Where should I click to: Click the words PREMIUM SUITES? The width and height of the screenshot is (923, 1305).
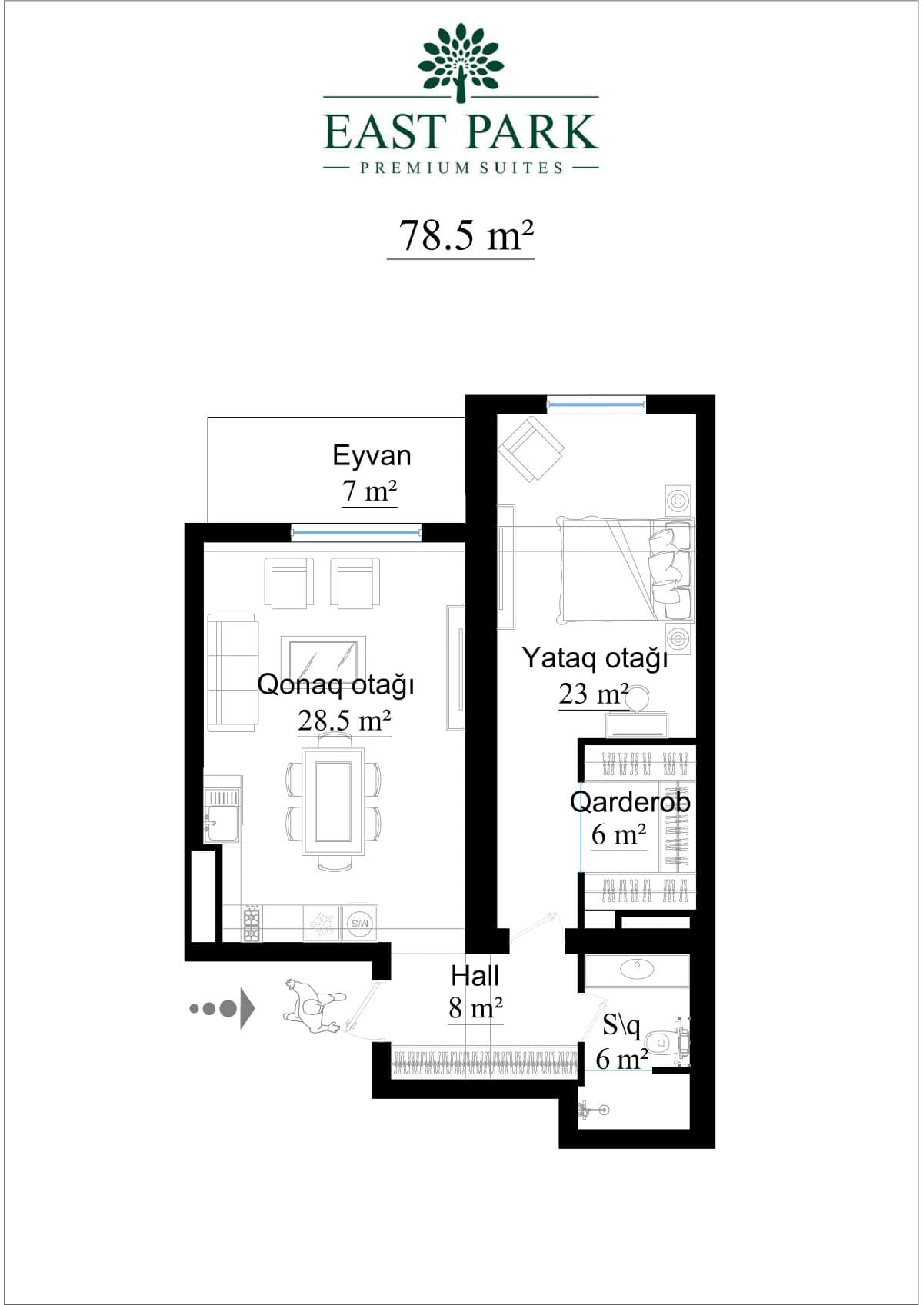click(461, 168)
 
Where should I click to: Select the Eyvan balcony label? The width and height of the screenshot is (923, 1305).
click(372, 456)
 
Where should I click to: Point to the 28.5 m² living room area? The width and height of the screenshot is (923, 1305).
click(344, 721)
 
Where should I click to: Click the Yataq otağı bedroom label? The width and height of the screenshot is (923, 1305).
click(595, 659)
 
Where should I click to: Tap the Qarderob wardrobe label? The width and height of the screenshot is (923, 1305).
click(629, 802)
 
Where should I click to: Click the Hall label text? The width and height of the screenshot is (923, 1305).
click(475, 976)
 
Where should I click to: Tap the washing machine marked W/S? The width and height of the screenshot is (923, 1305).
click(360, 924)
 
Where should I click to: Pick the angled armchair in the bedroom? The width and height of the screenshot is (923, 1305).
click(531, 449)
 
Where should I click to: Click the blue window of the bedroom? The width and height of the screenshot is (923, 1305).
click(596, 404)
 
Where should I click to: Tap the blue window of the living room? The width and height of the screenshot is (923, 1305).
click(357, 532)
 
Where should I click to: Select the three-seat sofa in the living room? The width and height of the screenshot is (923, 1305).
click(232, 672)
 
